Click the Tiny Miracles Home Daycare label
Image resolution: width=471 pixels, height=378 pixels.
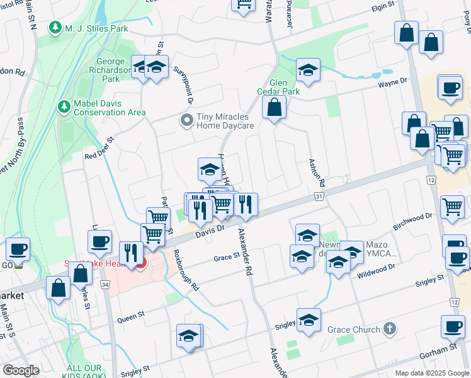225,121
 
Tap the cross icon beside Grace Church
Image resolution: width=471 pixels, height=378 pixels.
390,329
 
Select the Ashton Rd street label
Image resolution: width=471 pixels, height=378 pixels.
316,171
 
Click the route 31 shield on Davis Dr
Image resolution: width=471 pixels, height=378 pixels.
319,197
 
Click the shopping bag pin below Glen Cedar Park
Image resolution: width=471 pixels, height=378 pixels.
275,109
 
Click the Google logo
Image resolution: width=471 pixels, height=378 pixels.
20,370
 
